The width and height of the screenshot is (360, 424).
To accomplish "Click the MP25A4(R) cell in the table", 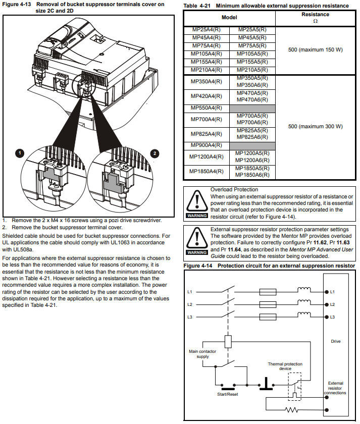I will coord(206,30).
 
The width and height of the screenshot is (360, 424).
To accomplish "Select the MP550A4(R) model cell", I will coord(206,108).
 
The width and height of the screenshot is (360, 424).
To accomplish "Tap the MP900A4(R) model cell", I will coord(206,145).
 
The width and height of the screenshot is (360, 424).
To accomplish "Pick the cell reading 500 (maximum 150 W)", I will coord(315,49).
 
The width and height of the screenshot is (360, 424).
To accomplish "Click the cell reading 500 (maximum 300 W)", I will coord(315,127).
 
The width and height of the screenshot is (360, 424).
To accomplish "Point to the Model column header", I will coord(229,17).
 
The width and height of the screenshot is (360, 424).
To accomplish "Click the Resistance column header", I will coord(315,18).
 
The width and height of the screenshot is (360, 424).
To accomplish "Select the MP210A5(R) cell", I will coord(252,70).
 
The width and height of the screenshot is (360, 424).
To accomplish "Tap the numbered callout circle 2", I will coord(155,152).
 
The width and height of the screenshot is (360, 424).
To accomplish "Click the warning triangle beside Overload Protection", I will coord(197,201).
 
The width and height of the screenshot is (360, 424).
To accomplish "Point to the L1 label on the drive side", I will coord(332,292).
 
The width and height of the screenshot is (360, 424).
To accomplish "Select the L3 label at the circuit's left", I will coord(190,317).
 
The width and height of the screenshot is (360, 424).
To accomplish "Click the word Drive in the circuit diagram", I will coord(336,341).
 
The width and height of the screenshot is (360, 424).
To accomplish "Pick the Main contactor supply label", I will coord(202,354).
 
